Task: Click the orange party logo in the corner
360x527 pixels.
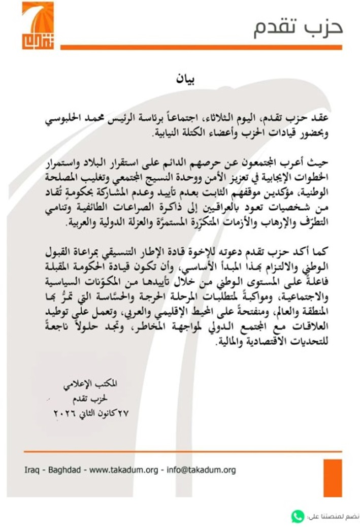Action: [37, 25]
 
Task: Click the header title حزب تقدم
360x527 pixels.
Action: [298, 28]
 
